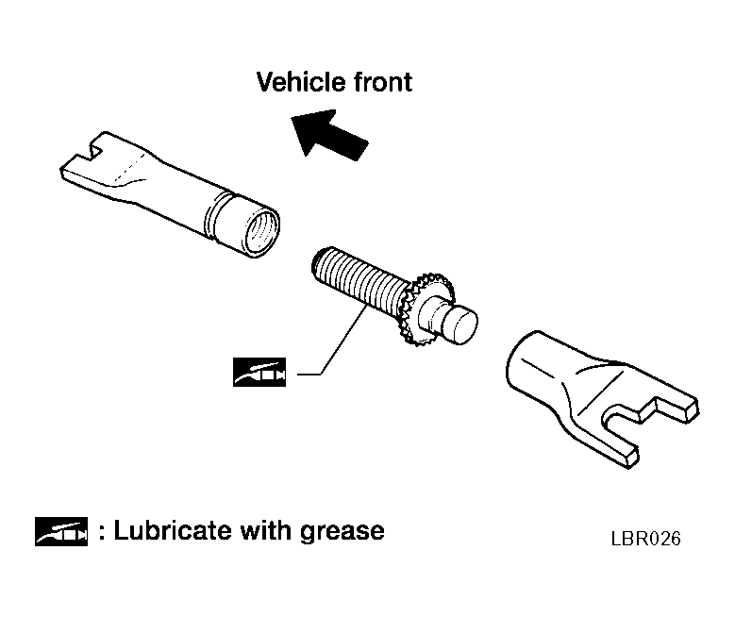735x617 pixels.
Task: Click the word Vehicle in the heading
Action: [301, 82]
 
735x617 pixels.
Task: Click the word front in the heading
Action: [382, 82]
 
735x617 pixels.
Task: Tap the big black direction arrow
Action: [329, 134]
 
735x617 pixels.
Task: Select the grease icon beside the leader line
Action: [259, 373]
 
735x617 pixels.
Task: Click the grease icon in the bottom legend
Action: [61, 532]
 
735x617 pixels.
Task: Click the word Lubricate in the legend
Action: [173, 531]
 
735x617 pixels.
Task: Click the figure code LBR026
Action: [646, 539]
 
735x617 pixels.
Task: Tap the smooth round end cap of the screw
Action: [459, 325]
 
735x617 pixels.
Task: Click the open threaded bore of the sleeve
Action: [261, 229]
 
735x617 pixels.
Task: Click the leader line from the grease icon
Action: [332, 339]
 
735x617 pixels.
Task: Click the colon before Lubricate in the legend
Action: [102, 533]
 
